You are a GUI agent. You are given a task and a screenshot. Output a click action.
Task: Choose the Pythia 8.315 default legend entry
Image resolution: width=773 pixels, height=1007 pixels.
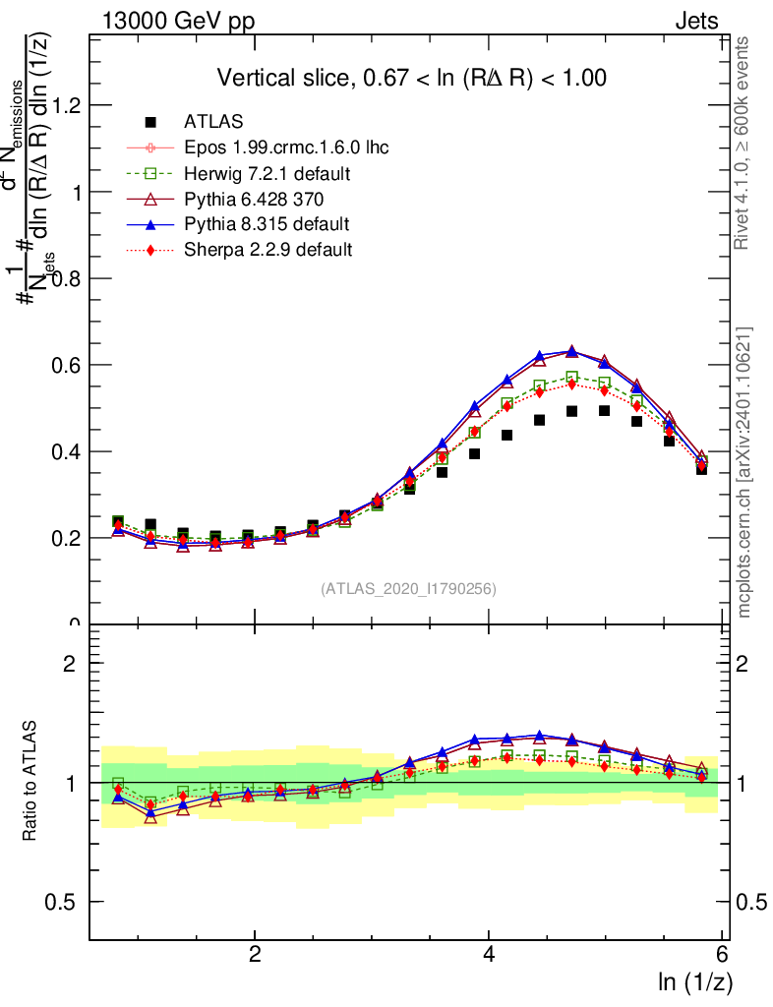[267, 224]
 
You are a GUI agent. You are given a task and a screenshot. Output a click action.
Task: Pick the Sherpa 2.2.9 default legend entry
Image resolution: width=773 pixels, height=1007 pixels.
[268, 250]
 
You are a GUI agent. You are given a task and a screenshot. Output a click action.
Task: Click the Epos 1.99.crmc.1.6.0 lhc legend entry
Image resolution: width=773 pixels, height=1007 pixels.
[286, 148]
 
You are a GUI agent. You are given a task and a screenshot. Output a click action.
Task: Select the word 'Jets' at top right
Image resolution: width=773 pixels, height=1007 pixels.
[695, 22]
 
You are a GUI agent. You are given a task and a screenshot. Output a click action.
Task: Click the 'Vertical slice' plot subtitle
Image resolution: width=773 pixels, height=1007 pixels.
[411, 78]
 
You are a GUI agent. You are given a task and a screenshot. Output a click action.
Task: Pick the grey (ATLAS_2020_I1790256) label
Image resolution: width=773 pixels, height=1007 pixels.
[408, 589]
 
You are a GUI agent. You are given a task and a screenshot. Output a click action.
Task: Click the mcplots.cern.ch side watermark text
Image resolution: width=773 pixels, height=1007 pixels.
[744, 473]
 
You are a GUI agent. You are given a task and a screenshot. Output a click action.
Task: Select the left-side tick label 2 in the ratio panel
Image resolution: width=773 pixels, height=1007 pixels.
[69, 664]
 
